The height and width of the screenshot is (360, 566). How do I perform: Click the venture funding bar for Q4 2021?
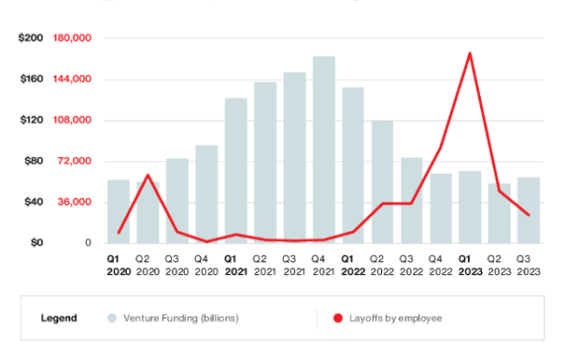click(324, 149)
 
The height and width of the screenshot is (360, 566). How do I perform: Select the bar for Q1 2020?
click(119, 212)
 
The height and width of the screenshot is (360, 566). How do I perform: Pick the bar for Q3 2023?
click(528, 211)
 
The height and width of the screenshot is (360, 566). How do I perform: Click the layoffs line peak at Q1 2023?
click(470, 53)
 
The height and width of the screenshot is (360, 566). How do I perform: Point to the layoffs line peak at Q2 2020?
click(147, 175)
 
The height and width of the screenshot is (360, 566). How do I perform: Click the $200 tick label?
click(31, 38)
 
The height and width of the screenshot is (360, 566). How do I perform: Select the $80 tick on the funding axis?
click(33, 161)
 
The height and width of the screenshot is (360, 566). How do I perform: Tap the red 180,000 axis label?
click(72, 38)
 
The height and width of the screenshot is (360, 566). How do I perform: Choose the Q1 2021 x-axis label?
click(236, 264)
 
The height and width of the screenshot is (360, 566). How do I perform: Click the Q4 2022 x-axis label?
click(440, 264)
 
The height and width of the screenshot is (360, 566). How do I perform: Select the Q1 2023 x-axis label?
click(470, 264)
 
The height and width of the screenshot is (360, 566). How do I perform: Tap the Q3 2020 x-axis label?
click(177, 264)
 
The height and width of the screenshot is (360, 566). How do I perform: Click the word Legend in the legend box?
click(58, 318)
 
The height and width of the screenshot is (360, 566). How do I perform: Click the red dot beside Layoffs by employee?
click(337, 318)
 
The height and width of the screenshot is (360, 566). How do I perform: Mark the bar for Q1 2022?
click(352, 165)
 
